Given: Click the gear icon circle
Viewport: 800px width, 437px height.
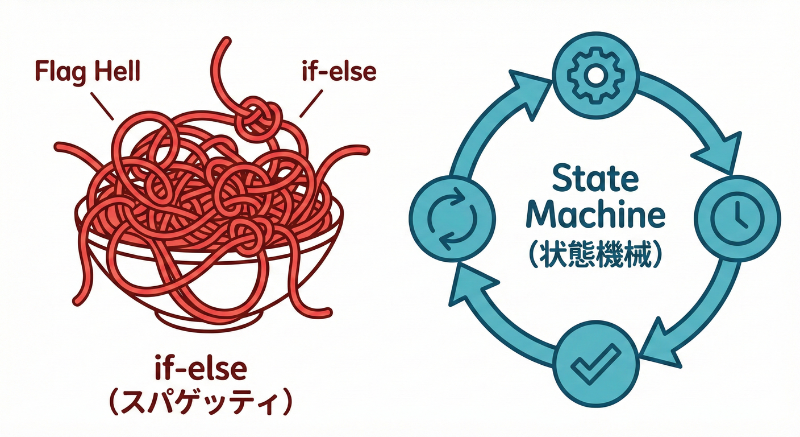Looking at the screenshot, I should [x=596, y=76].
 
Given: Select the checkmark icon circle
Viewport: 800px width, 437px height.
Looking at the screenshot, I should [x=596, y=362].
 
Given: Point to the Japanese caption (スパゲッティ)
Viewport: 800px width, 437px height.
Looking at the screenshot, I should [x=201, y=403].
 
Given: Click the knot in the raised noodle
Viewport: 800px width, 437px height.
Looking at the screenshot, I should [x=259, y=117].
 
